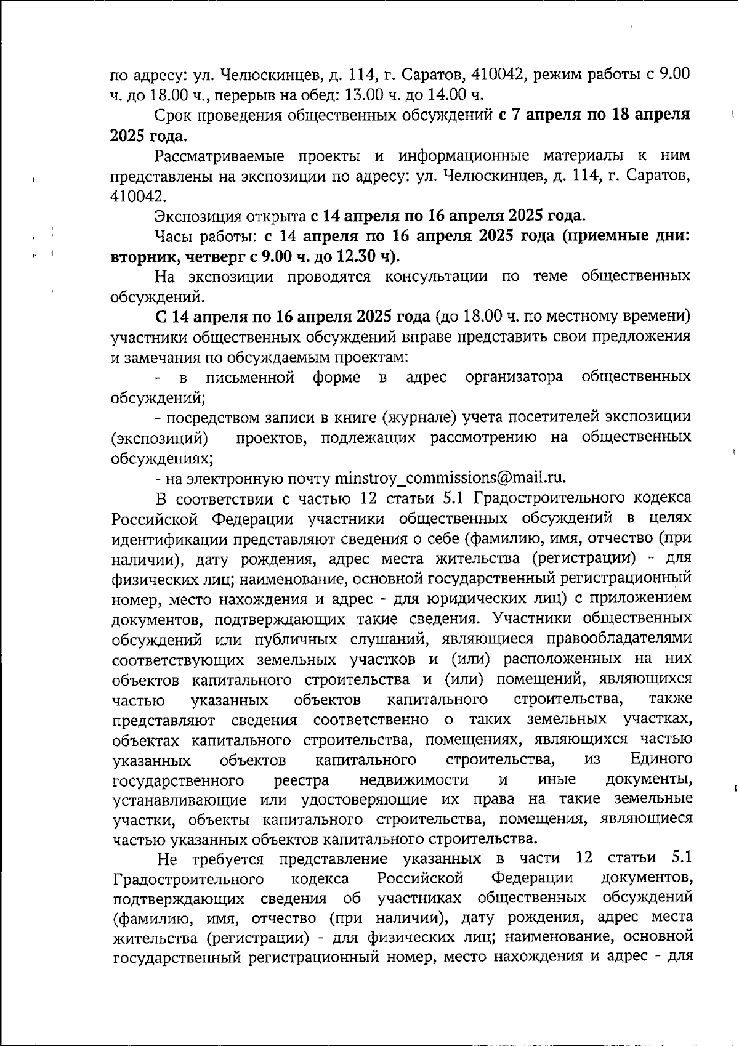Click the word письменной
[x=250, y=376]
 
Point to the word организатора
[x=514, y=376]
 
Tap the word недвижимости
[x=414, y=780]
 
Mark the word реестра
[x=301, y=780]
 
